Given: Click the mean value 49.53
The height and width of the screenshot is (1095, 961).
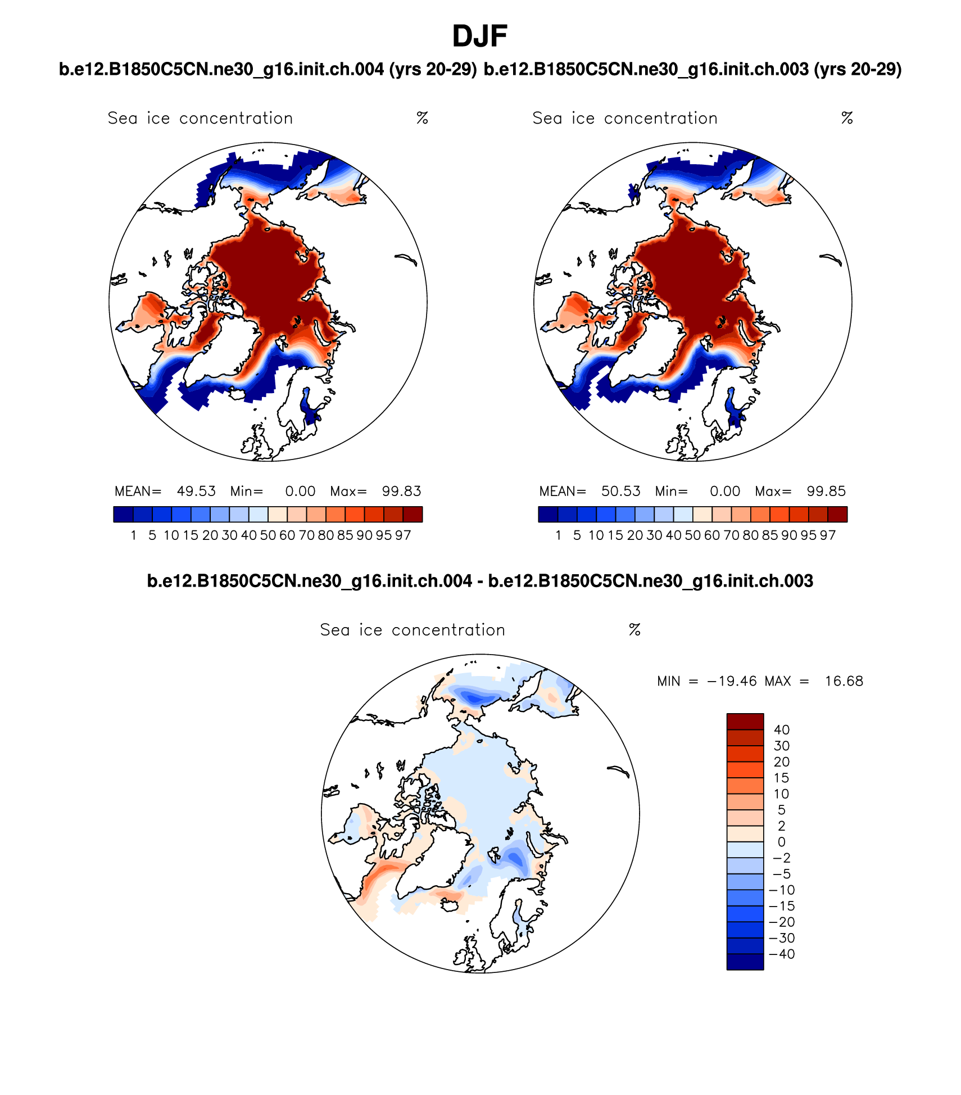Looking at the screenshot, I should (x=196, y=491).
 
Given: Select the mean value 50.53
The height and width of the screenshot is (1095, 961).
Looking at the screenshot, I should (x=620, y=491).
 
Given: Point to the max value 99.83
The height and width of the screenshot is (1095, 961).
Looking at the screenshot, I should (x=401, y=491).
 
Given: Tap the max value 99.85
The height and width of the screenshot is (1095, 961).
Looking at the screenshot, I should (x=826, y=491).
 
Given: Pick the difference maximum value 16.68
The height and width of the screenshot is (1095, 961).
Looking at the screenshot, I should (x=844, y=681).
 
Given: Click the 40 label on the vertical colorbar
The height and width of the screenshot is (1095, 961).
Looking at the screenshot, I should (x=782, y=730).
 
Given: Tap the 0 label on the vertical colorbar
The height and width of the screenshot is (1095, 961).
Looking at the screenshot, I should (x=782, y=842).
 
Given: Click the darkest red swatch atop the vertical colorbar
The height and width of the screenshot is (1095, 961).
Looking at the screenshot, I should (x=745, y=722).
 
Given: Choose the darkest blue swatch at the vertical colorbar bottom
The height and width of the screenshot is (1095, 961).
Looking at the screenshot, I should (x=745, y=962).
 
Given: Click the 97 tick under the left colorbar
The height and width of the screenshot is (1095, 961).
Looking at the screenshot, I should (x=403, y=535).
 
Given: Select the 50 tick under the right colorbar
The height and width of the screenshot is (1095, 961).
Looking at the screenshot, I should (x=692, y=535).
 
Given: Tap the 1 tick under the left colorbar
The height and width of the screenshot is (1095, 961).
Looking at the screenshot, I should (x=133, y=535).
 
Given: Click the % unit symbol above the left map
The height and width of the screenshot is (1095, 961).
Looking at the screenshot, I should (x=422, y=118).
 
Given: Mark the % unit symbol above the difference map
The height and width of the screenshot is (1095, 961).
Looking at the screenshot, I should (x=634, y=630).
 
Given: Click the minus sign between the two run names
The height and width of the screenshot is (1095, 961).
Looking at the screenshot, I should (x=480, y=582).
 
